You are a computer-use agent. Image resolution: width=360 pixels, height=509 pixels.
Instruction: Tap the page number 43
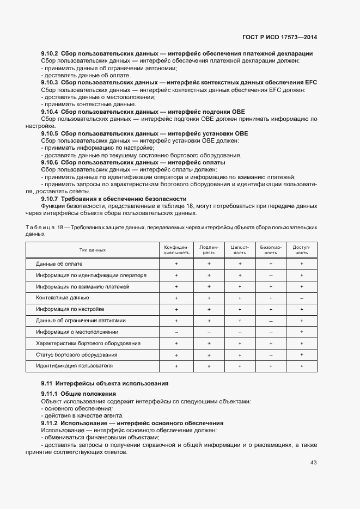[x=314, y=463]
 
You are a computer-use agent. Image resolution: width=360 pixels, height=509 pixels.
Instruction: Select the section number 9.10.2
[x=50, y=53]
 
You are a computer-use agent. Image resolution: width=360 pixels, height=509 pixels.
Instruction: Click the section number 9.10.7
[x=50, y=199]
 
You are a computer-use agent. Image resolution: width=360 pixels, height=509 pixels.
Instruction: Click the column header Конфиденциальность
[x=176, y=250]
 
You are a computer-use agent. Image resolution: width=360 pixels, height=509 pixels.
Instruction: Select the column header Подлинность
[x=209, y=250]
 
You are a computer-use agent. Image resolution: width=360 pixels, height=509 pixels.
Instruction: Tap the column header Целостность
[x=240, y=250]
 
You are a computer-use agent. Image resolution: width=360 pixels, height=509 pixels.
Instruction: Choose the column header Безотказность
[x=271, y=250]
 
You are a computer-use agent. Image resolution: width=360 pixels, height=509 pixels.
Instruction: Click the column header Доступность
[x=302, y=250]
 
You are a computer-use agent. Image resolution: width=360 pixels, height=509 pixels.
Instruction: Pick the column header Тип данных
[x=93, y=250]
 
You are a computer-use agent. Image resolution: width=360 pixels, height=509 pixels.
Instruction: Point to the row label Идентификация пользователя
[x=74, y=366]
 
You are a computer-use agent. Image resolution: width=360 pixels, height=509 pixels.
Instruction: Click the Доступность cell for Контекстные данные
[x=302, y=298]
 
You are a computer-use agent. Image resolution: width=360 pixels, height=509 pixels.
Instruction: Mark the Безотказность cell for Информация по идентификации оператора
[x=271, y=275]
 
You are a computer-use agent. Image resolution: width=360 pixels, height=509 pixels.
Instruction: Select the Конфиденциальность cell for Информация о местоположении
[x=176, y=332]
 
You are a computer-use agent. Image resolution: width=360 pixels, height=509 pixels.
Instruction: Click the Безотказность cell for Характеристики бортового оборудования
[x=271, y=344]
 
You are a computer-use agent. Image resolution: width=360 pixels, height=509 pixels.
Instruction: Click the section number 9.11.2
[x=50, y=423]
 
